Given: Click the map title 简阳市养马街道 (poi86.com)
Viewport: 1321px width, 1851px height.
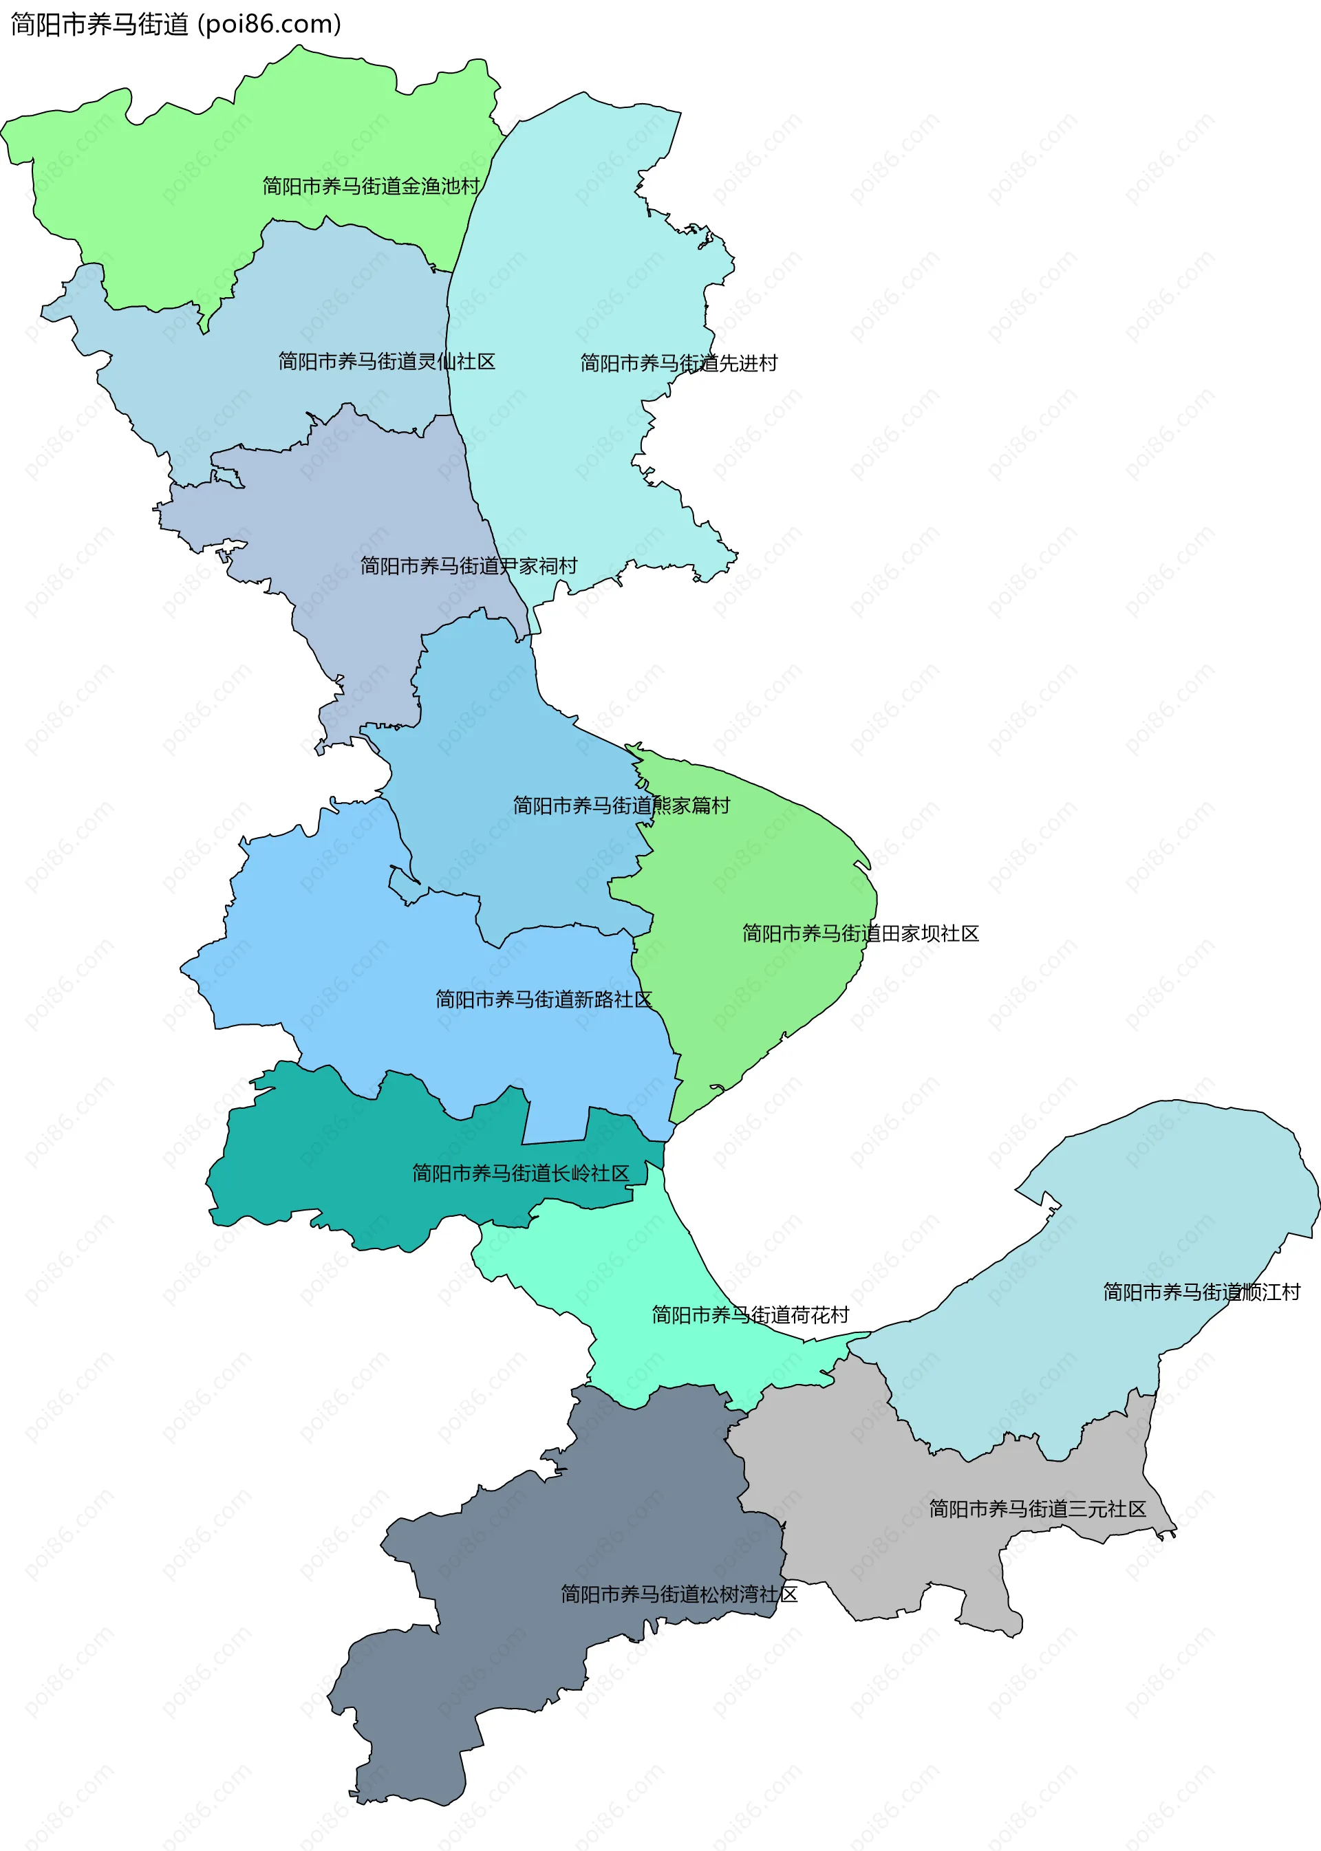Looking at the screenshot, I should click(175, 24).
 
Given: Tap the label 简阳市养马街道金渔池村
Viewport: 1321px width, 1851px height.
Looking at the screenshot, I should click(371, 186).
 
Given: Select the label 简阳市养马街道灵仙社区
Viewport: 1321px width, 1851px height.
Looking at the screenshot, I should click(387, 361).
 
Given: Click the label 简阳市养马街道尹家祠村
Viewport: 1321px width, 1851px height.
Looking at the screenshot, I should click(469, 565).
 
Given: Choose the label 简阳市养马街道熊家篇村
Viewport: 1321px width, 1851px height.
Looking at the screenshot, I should click(621, 805).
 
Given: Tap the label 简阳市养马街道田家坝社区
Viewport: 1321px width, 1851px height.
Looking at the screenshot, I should click(860, 933).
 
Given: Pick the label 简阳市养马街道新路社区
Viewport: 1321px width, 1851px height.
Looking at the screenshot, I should click(544, 999).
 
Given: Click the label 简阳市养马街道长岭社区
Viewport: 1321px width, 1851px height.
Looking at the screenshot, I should click(521, 1173).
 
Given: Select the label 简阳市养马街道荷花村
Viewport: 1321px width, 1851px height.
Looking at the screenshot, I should click(750, 1314).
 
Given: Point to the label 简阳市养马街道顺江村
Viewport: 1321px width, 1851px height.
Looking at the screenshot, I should click(1201, 1292).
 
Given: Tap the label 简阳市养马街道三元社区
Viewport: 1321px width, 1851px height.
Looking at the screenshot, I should click(1037, 1508).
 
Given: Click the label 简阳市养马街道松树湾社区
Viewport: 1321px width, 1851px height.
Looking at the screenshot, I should click(678, 1593).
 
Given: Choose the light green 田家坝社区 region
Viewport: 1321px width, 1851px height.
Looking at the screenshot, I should click(757, 862).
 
